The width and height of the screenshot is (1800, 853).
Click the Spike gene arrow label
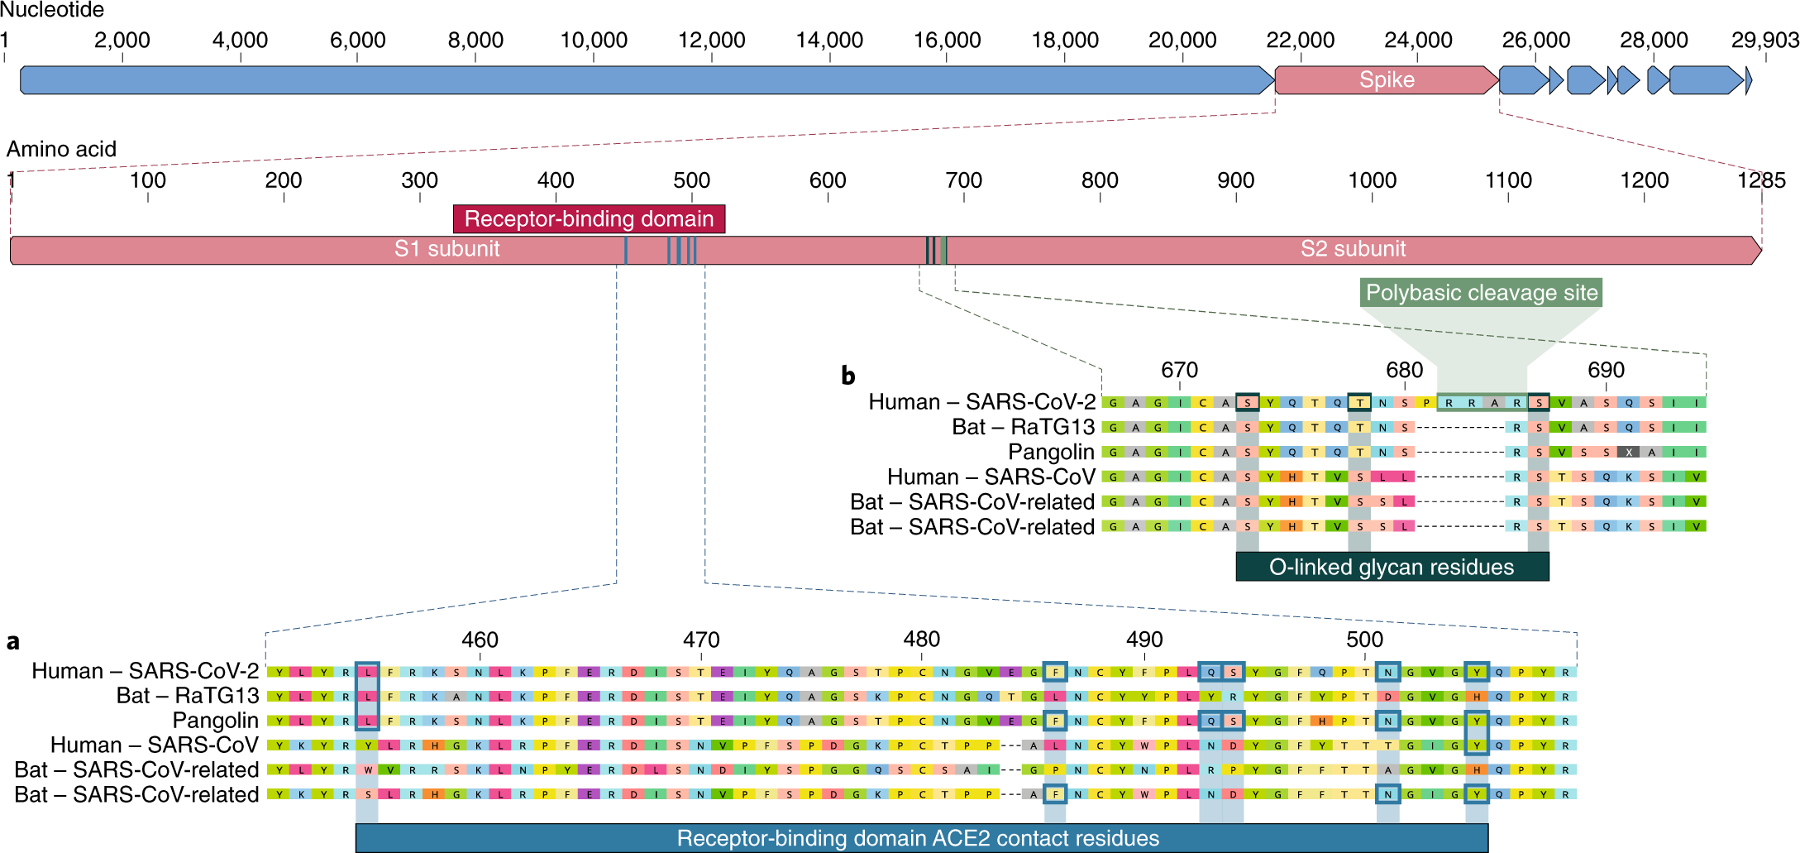[x=1386, y=80]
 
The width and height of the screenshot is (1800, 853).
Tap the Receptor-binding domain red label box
[x=589, y=219]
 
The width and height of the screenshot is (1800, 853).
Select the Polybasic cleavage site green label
[x=1481, y=293]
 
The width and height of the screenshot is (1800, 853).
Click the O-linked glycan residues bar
[x=1392, y=567]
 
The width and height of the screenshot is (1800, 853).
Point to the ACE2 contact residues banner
[x=918, y=838]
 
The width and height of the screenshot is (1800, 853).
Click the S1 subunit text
[x=446, y=249]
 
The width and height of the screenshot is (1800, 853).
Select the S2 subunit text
[x=1353, y=249]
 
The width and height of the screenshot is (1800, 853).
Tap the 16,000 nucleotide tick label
[x=947, y=40]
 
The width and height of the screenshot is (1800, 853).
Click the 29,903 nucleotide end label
[x=1764, y=40]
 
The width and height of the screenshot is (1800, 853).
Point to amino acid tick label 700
[x=963, y=180]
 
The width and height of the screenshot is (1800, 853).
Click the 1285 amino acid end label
[x=1761, y=180]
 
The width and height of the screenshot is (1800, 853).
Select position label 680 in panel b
[x=1404, y=370]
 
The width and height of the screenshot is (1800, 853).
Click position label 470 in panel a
[x=701, y=640]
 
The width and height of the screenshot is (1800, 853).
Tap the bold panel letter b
[x=847, y=376]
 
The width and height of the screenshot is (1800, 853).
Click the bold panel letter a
[x=13, y=642]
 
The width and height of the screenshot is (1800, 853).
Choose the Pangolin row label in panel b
[x=1051, y=453]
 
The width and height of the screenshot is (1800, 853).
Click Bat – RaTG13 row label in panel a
[x=188, y=696]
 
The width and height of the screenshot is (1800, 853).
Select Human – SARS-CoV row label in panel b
[x=991, y=477]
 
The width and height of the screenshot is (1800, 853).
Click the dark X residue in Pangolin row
[x=1628, y=453]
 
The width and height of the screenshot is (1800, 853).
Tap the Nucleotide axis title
[x=52, y=11]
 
